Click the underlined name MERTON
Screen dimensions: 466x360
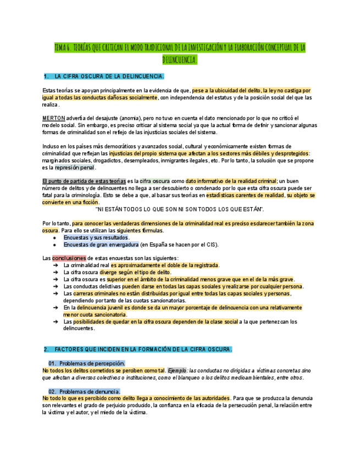(x=53, y=118)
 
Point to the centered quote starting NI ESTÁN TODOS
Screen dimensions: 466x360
(x=180, y=209)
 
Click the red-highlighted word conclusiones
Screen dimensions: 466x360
(x=69, y=258)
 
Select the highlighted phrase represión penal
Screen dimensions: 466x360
(x=75, y=168)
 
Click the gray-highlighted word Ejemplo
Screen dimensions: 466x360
(x=177, y=370)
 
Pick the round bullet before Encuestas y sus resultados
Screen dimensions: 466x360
(x=54, y=237)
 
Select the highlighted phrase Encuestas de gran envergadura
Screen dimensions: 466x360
(x=101, y=245)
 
